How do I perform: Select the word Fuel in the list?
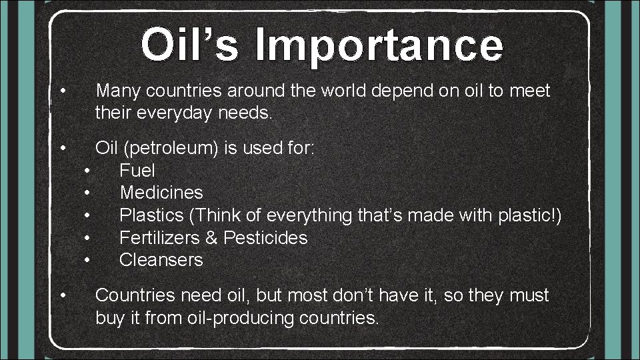137,171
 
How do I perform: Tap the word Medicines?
161,193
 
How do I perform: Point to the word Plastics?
151,215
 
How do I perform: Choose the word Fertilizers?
162,238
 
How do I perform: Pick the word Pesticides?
265,238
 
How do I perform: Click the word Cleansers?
161,260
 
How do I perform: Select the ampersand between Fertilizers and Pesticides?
215,238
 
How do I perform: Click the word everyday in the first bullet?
173,113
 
